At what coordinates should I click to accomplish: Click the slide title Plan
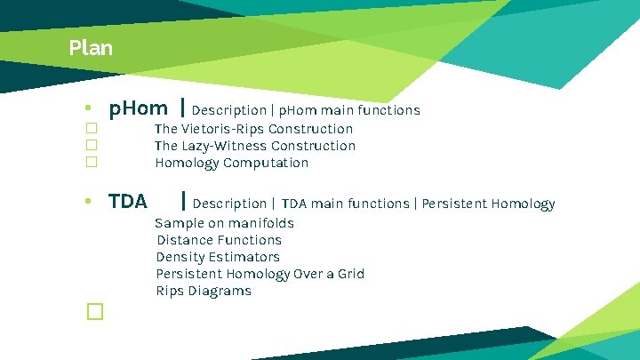click(91, 48)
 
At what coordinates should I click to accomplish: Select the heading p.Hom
click(138, 109)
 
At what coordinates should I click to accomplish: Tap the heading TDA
click(128, 202)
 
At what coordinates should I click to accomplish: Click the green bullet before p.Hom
click(89, 110)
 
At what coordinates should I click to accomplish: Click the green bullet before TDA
click(89, 203)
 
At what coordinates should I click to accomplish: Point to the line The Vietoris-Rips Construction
click(253, 129)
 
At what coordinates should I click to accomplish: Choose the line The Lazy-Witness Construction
click(254, 146)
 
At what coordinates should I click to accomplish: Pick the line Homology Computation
click(231, 163)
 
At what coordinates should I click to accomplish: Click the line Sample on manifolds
click(224, 223)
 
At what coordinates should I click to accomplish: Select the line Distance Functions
click(219, 240)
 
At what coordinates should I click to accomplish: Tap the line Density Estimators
click(218, 257)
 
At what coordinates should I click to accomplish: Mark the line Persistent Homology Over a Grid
click(260, 274)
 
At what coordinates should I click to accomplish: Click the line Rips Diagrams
click(204, 291)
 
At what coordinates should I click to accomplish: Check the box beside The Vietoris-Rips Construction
click(91, 129)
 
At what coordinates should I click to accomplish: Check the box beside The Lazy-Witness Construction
click(91, 146)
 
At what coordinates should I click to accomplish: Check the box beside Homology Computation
click(91, 163)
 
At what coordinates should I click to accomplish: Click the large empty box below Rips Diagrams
click(95, 311)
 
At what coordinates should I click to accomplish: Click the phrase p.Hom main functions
click(349, 111)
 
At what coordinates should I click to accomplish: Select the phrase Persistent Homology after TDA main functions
click(488, 204)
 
